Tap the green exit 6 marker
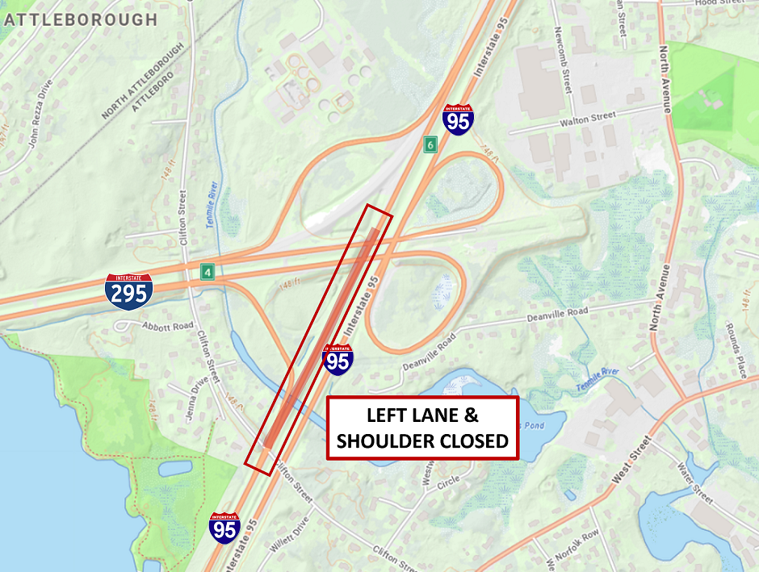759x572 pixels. (x=431, y=144)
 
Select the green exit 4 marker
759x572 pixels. (x=208, y=273)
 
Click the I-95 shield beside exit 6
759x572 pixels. (x=458, y=119)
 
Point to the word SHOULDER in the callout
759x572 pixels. (x=381, y=441)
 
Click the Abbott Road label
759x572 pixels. (x=168, y=326)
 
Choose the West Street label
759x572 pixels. (x=630, y=461)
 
